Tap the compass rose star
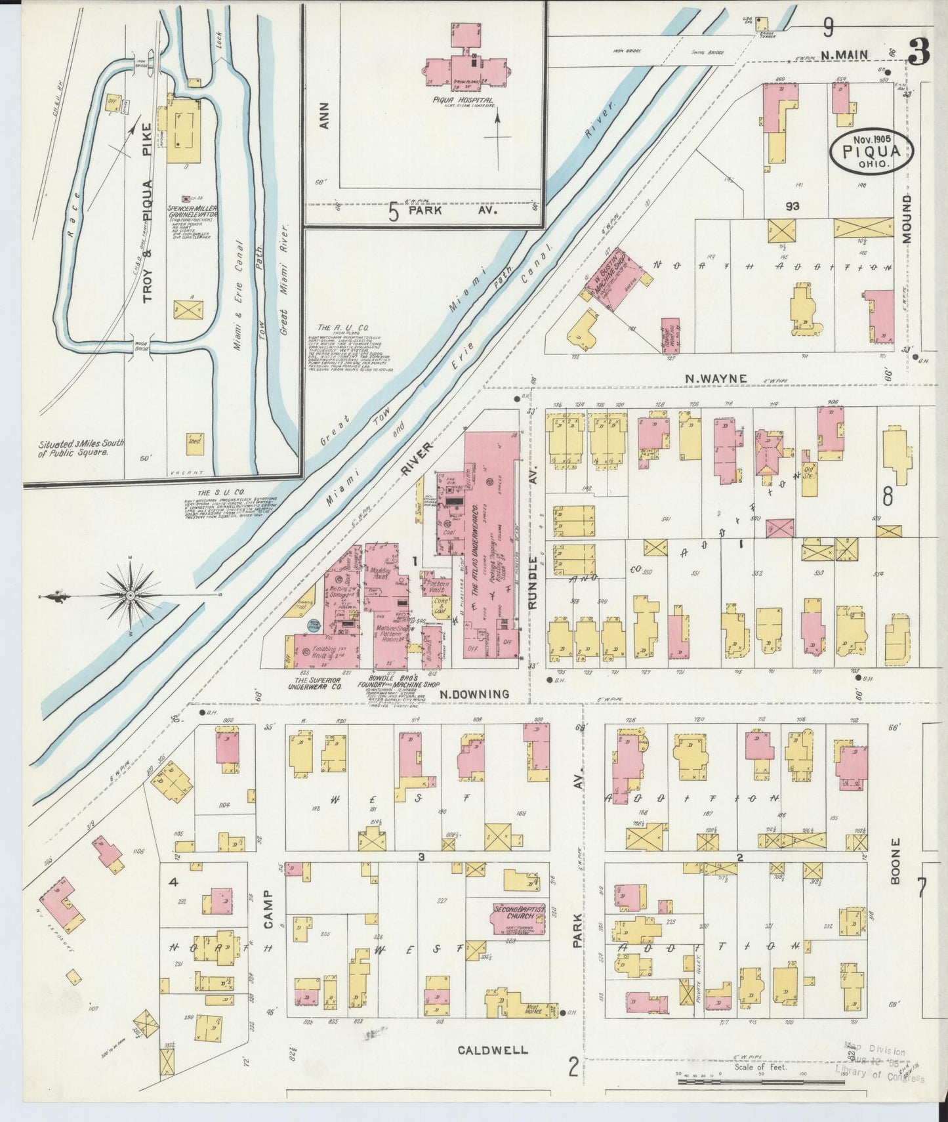pyautogui.click(x=131, y=594)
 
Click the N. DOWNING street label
pyautogui.click(x=474, y=694)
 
